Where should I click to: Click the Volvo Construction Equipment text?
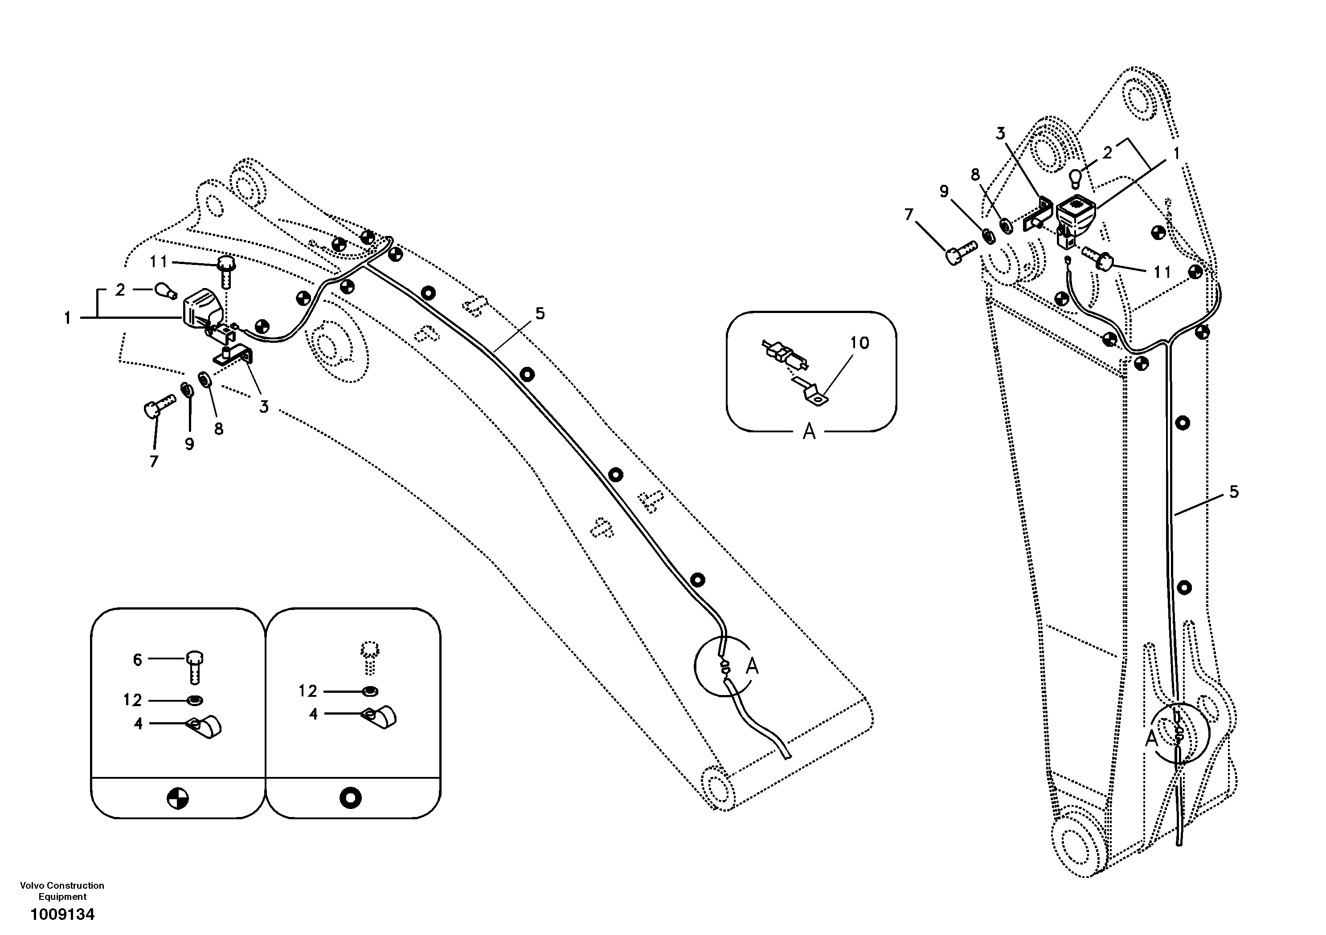click(62, 890)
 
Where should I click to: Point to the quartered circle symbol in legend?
click(177, 799)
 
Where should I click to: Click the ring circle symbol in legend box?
click(351, 798)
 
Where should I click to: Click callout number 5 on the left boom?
click(540, 314)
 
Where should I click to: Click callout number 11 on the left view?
click(158, 262)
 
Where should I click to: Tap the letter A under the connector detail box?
click(809, 431)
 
